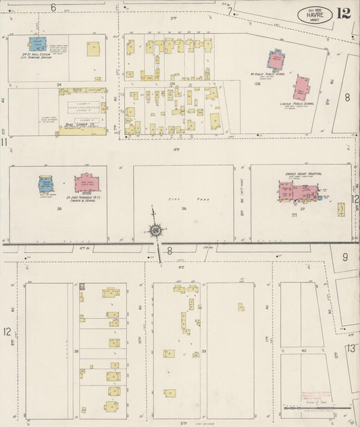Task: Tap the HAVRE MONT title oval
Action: pyautogui.click(x=315, y=15)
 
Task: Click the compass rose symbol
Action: pyautogui.click(x=155, y=230)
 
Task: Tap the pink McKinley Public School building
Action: pyautogui.click(x=276, y=60)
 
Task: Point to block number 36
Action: pyautogui.click(x=183, y=209)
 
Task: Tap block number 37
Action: pyautogui.click(x=303, y=209)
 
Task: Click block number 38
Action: pyautogui.click(x=76, y=351)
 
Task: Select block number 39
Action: pyautogui.click(x=203, y=351)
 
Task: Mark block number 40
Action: pyautogui.click(x=303, y=351)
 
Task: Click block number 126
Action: pyautogui.click(x=257, y=84)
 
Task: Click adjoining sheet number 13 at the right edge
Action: pyautogui.click(x=351, y=348)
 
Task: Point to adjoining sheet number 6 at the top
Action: pyautogui.click(x=53, y=7)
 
